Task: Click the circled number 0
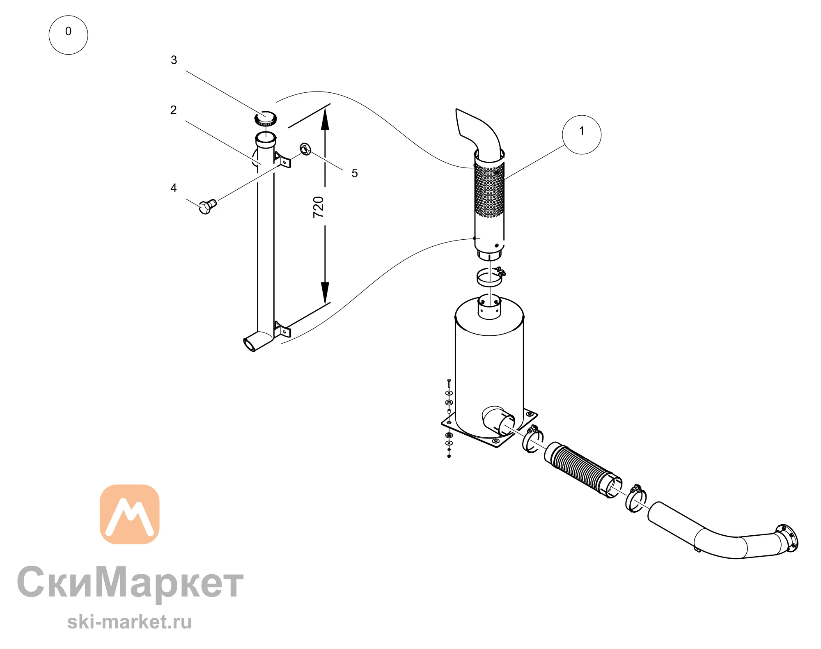[x=68, y=35]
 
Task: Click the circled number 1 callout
[x=581, y=135]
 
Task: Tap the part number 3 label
[x=174, y=60]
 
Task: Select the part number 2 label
[x=174, y=110]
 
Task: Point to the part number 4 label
[x=174, y=188]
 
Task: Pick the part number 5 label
[x=355, y=173]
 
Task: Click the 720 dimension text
[x=319, y=207]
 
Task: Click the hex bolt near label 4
[x=208, y=206]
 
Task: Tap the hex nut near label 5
[x=305, y=149]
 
